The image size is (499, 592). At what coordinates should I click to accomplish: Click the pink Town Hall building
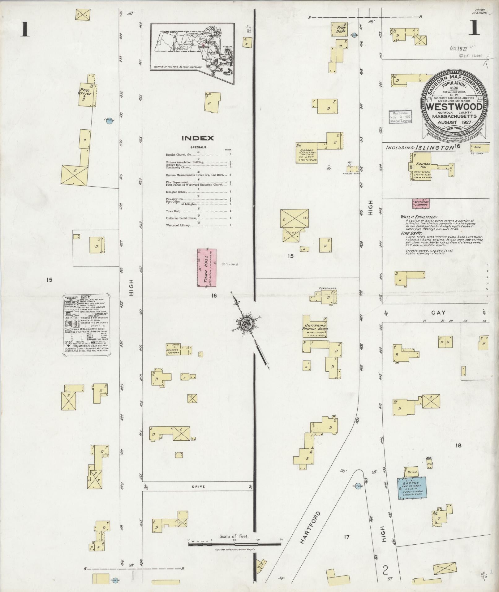[x=206, y=267]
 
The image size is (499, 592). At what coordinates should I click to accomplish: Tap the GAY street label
[x=438, y=313]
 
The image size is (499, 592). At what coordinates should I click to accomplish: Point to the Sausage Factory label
[x=173, y=351]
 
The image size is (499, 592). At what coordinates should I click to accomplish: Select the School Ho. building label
[x=421, y=166]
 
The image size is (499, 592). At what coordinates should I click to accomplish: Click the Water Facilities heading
[x=419, y=217]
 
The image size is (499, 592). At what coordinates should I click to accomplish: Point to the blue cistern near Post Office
[x=109, y=121]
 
